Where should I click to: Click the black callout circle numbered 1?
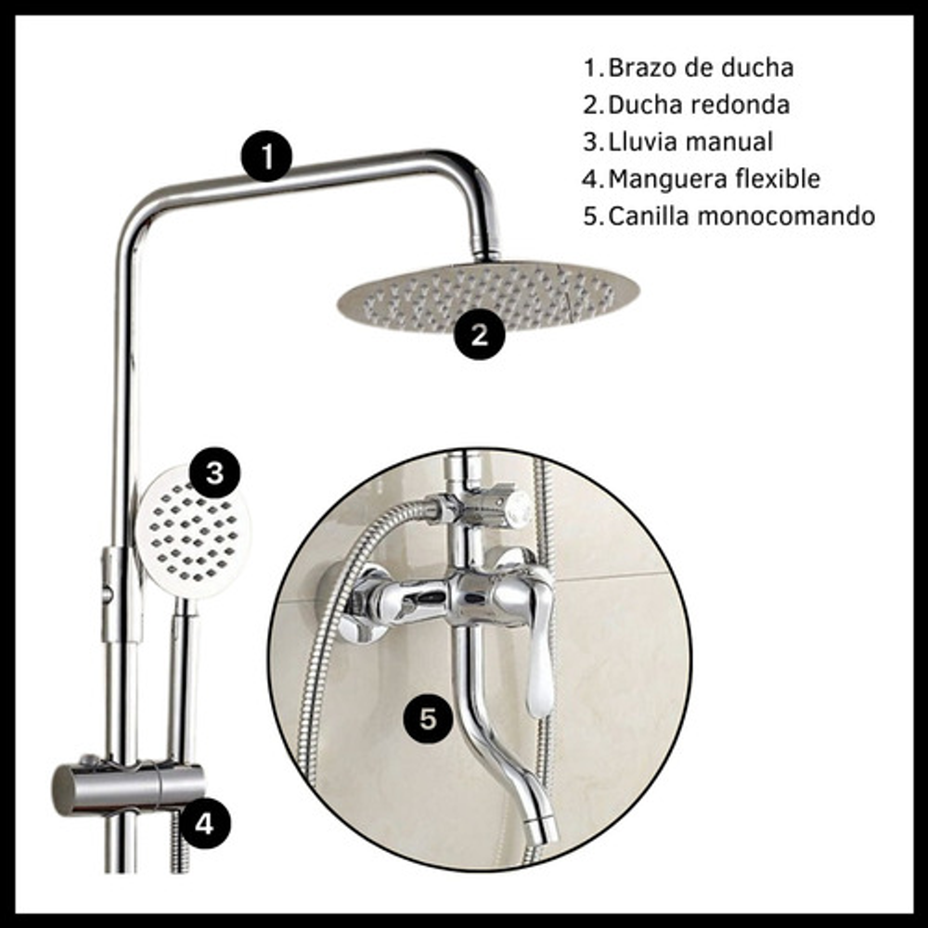point(266,156)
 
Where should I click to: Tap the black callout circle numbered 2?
point(480,334)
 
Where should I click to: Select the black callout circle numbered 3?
point(214,473)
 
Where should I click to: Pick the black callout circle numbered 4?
point(205,822)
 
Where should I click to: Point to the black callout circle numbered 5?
point(428,719)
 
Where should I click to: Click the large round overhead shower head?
point(488,297)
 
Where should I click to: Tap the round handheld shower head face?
point(193,533)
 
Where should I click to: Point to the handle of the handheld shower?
point(184,680)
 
